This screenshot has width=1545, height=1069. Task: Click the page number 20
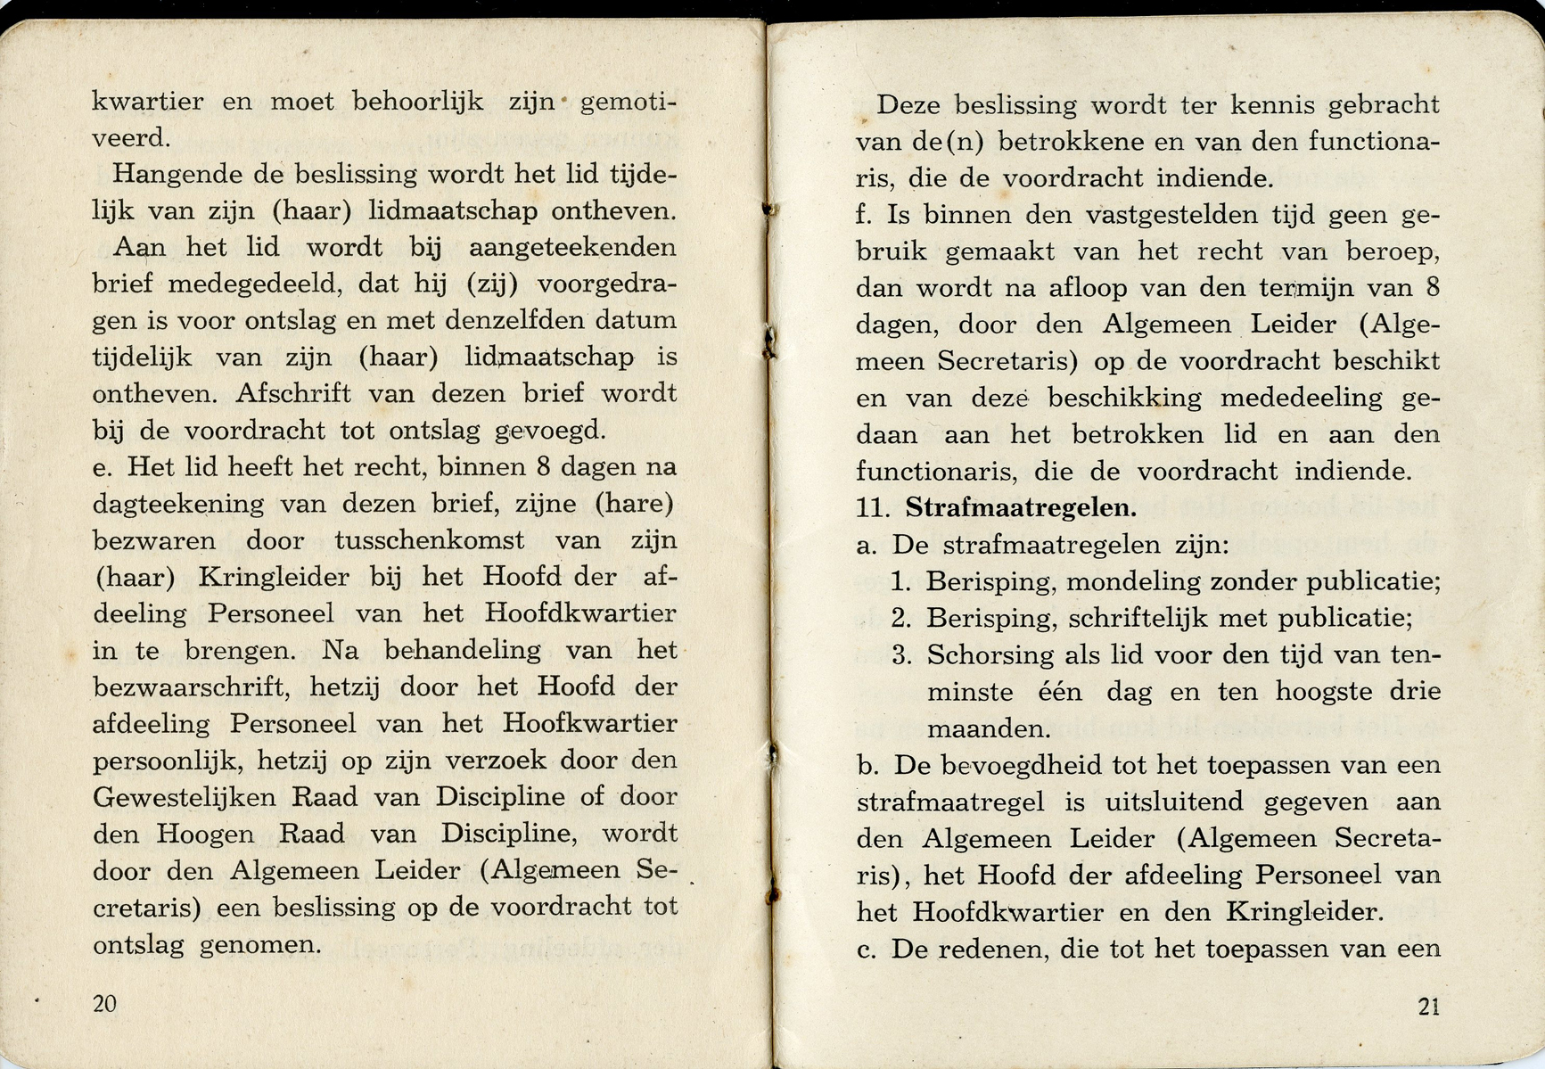[104, 1004]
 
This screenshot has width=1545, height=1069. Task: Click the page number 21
[1428, 1007]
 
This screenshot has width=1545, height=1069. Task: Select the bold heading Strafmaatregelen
[1021, 508]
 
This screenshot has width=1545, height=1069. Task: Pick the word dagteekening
[178, 505]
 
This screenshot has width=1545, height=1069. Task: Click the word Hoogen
[205, 835]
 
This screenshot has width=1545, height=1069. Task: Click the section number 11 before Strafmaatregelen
[873, 509]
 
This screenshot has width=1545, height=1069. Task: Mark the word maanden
[987, 729]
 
